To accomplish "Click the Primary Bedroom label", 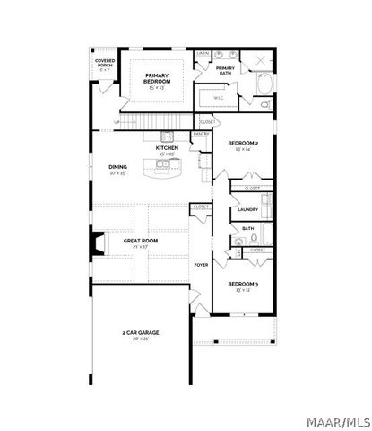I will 157,79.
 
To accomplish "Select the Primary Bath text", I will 225,70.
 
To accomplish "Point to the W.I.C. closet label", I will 218,99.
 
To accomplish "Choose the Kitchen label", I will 167,148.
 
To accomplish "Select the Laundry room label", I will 248,209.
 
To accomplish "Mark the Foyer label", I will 202,266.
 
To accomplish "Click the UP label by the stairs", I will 117,121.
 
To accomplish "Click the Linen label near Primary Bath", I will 203,54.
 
